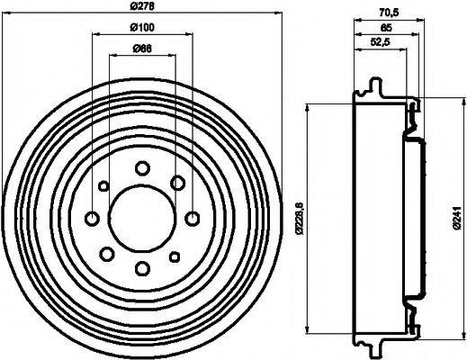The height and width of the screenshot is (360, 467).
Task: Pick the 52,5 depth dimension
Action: (382, 43)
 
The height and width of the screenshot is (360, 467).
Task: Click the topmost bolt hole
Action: (142, 167)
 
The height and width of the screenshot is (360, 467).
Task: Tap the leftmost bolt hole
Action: (92, 218)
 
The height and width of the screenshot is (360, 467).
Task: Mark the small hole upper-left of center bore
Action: (104, 185)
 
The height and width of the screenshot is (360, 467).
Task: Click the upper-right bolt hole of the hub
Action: (178, 183)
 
